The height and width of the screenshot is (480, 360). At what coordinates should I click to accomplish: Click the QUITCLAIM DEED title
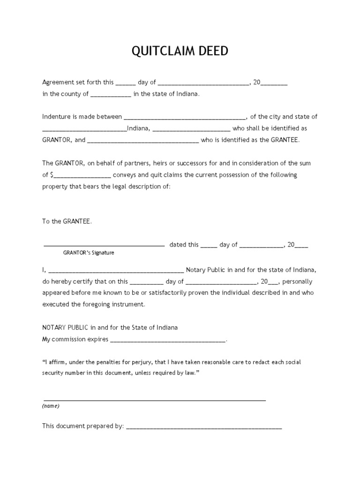pyautogui.click(x=180, y=51)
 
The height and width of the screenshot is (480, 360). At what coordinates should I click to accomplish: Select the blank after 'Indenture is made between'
pyautogui.click(x=184, y=117)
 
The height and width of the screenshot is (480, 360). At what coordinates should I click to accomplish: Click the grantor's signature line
pyautogui.click(x=104, y=244)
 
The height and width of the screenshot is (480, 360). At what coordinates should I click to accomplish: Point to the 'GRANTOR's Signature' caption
pyautogui.click(x=89, y=253)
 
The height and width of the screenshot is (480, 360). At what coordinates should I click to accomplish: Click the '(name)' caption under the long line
pyautogui.click(x=51, y=406)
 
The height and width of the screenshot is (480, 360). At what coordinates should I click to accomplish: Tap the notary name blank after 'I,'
pyautogui.click(x=116, y=270)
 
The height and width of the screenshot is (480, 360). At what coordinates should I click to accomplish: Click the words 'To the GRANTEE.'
pyautogui.click(x=67, y=221)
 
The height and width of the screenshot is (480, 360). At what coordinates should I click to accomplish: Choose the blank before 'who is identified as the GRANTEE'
pyautogui.click(x=143, y=140)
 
